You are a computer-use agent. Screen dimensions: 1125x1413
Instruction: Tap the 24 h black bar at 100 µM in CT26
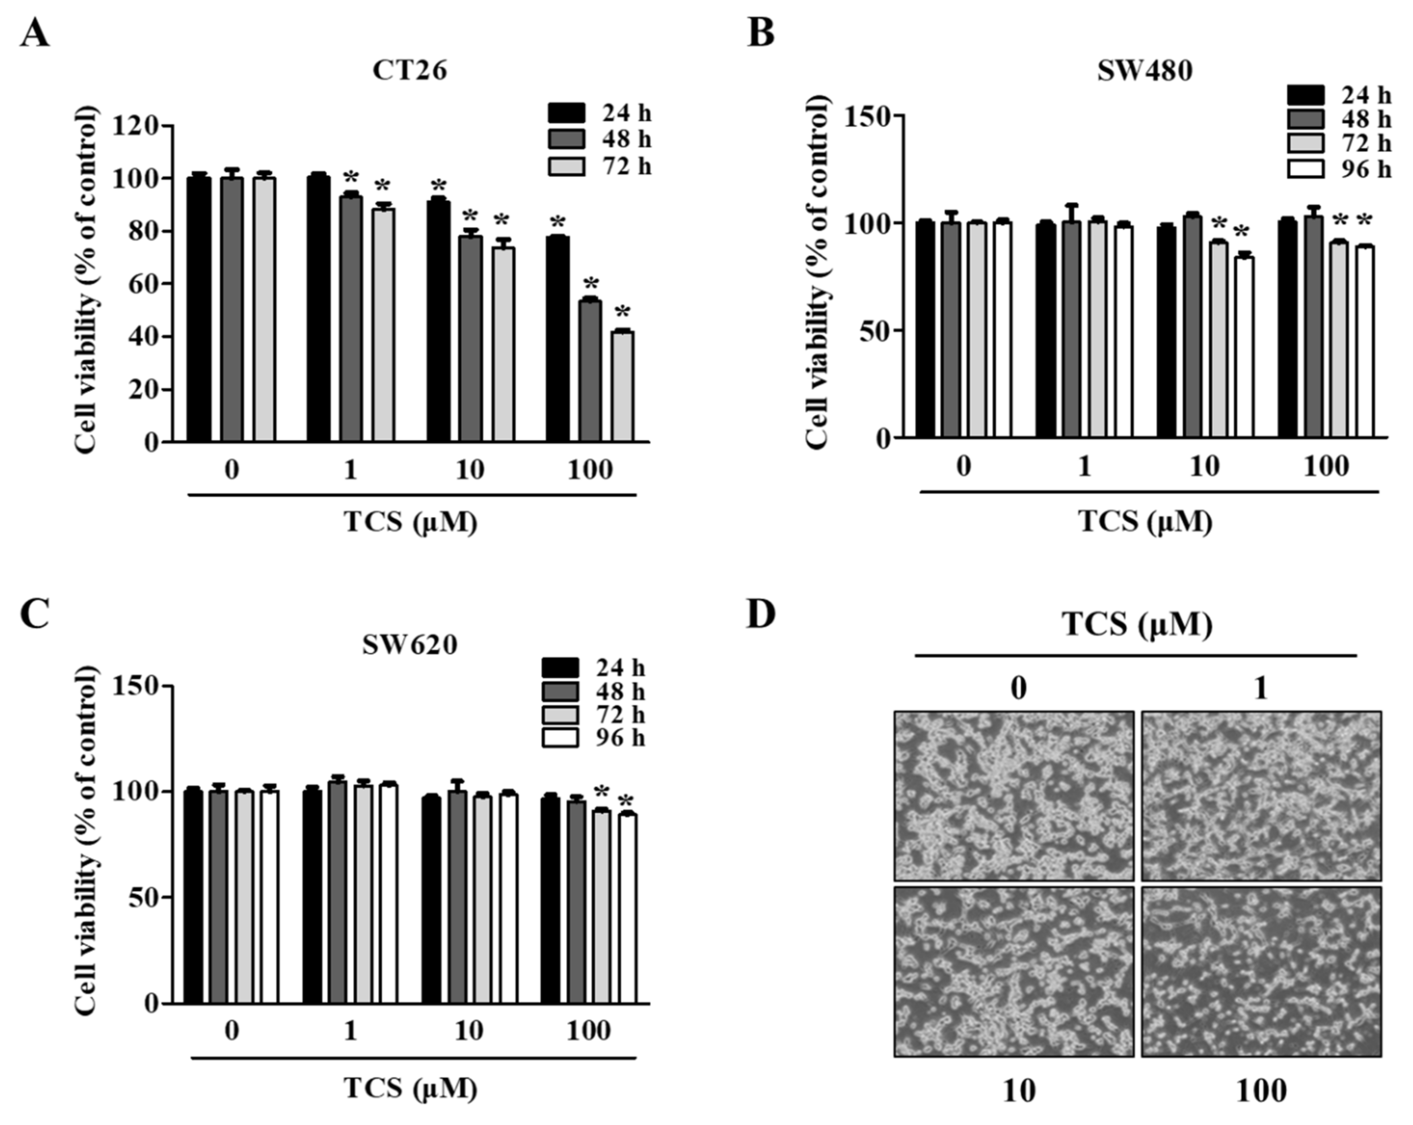click(558, 339)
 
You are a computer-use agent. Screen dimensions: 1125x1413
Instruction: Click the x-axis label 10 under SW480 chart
click(1204, 467)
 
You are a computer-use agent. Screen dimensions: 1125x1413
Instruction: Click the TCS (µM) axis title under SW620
click(411, 1088)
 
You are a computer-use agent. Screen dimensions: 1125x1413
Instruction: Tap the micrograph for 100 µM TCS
click(1261, 972)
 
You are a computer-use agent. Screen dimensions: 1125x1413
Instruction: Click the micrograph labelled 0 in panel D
click(1014, 796)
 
